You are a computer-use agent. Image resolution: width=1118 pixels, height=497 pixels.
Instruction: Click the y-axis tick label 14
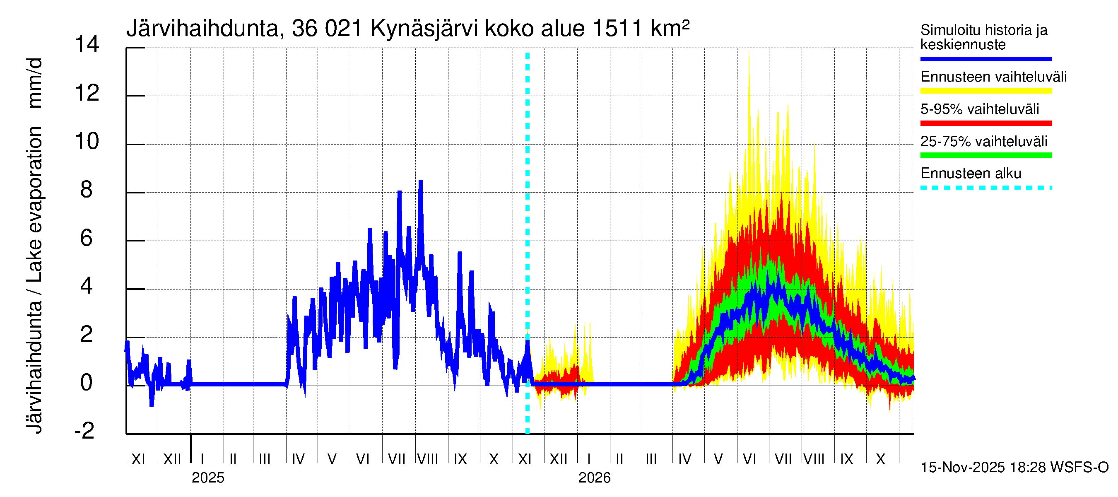tap(87, 45)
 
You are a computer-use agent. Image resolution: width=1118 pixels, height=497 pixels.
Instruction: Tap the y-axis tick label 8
tap(87, 190)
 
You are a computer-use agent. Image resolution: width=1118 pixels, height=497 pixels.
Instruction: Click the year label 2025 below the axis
tap(208, 478)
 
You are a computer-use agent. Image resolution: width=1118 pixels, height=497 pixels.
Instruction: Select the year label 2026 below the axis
tap(594, 478)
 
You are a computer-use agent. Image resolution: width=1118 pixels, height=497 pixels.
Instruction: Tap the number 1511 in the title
tap(617, 29)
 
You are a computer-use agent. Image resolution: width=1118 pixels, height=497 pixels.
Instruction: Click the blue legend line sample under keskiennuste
tap(985, 58)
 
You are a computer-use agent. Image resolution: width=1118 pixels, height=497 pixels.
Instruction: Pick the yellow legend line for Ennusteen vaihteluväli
tap(985, 91)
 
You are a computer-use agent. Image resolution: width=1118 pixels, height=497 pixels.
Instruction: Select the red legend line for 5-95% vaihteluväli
tap(985, 123)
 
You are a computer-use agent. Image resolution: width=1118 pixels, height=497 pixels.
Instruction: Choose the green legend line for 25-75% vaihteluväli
tap(985, 155)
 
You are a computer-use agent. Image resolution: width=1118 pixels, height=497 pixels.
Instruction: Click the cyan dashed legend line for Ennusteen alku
tap(985, 188)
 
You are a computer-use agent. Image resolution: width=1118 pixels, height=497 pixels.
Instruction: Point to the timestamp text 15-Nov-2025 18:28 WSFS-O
tap(1014, 468)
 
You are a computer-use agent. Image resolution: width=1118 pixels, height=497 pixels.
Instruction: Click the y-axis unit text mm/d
tap(35, 82)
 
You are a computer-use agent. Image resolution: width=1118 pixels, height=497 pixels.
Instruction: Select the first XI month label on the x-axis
tap(138, 459)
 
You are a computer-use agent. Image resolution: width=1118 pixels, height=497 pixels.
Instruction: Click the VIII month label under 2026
tap(814, 459)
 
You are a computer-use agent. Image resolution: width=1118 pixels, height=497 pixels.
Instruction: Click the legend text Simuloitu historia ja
tap(983, 30)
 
